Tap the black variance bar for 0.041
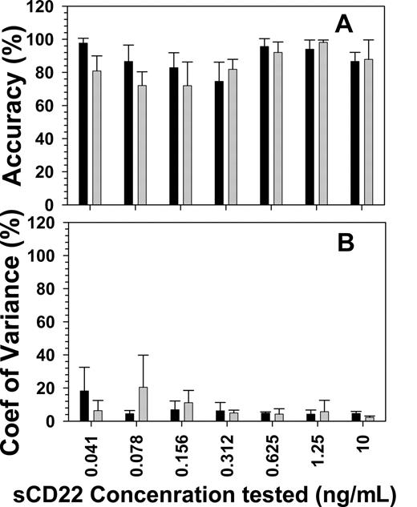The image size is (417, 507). pos(83,405)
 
